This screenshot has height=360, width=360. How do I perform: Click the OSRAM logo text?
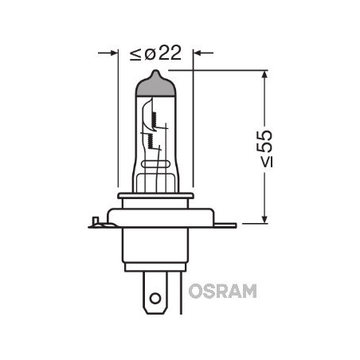pos(223,291)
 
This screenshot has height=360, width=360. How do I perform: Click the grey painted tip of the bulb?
pos(155,86)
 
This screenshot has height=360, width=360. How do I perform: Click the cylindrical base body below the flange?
pos(156,251)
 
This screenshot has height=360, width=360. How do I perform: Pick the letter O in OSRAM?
pos(195,291)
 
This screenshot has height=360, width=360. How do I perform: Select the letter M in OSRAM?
pos(249,291)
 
